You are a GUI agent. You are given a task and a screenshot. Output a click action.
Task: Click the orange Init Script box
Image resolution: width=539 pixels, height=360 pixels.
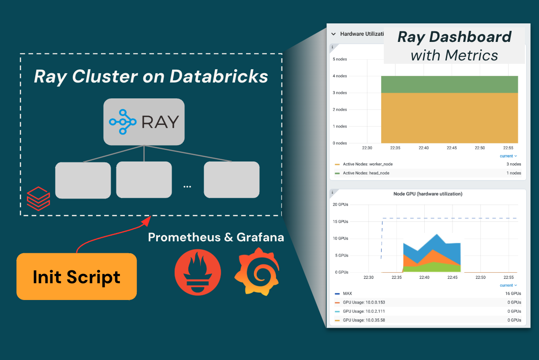76,277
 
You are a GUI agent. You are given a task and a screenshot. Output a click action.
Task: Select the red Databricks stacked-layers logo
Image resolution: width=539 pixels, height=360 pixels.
37,199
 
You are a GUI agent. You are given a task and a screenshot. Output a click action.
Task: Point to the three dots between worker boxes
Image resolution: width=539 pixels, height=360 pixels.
187,187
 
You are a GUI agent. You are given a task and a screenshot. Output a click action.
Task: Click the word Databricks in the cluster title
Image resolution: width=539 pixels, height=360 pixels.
219,76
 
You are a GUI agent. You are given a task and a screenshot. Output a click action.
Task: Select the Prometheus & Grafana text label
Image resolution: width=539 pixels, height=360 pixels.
216,237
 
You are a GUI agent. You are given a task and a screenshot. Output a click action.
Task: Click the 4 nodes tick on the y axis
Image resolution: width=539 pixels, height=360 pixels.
340,76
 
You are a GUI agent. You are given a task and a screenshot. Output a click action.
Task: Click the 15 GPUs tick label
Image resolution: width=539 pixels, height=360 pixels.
340,221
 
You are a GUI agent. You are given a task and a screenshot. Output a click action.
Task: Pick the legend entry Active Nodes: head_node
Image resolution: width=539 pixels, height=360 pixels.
366,173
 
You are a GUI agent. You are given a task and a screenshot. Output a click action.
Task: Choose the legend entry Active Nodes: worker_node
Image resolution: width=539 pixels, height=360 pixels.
367,164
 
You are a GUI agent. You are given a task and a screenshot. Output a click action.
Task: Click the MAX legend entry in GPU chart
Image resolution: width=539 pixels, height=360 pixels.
347,293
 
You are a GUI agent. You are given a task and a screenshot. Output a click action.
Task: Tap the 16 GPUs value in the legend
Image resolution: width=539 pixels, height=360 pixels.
513,293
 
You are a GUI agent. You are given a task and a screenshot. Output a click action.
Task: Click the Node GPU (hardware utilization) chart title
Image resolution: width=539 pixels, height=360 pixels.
427,194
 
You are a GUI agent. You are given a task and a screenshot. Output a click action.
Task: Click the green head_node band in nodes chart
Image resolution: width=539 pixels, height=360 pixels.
449,84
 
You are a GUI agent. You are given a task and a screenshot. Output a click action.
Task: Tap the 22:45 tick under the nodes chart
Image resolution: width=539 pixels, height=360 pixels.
452,148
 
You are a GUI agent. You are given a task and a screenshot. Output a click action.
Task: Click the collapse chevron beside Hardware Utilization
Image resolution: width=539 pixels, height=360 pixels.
334,34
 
